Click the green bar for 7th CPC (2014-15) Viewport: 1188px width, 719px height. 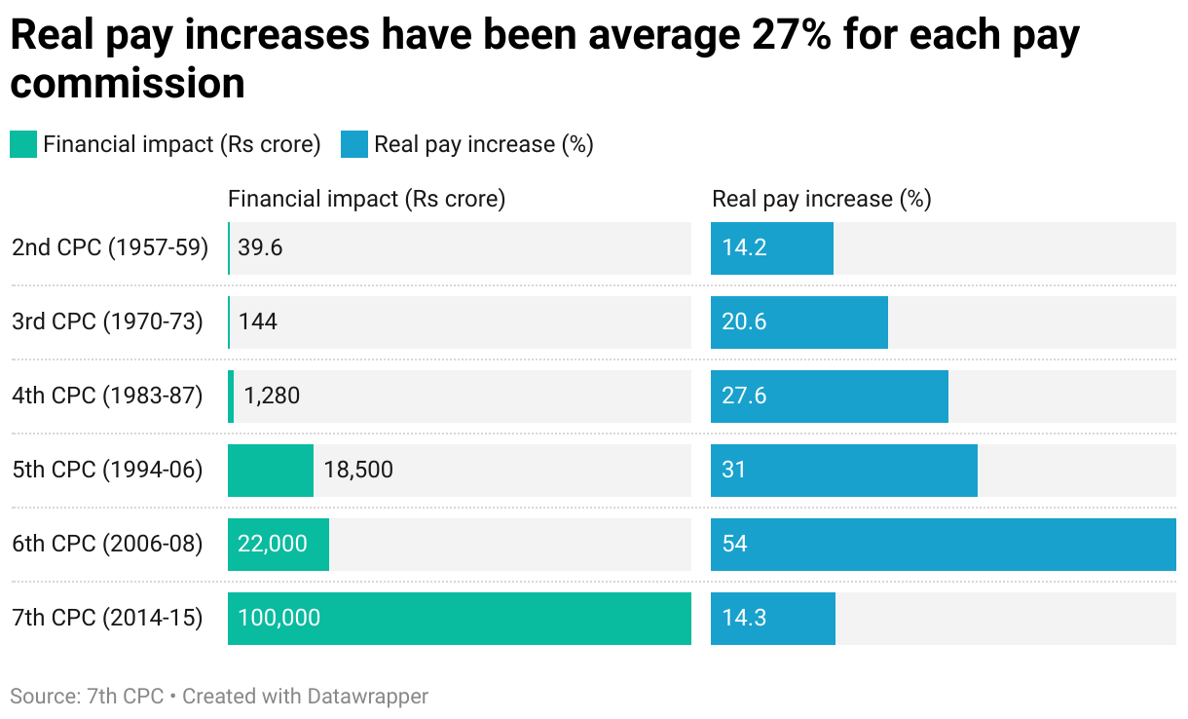[459, 618]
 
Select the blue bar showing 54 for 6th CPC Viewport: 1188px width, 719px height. [943, 544]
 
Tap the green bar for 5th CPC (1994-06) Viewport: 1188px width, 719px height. [270, 470]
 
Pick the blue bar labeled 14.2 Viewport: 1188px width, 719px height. [771, 247]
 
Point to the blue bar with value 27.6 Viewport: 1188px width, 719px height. [829, 396]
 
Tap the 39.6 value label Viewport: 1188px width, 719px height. [260, 247]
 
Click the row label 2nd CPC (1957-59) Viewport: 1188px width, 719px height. [110, 247]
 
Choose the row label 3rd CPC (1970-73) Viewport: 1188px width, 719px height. [107, 322]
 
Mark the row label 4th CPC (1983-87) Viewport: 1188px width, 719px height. [107, 396]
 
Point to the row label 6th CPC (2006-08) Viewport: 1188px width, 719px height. [107, 544]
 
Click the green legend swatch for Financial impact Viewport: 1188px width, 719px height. [22, 145]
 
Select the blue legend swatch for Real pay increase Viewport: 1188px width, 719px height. [353, 145]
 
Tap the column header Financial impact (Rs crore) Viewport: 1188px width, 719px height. [366, 199]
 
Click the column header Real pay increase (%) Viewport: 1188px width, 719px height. [821, 199]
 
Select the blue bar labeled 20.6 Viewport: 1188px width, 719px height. [798, 322]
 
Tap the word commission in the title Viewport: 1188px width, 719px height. [128, 84]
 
